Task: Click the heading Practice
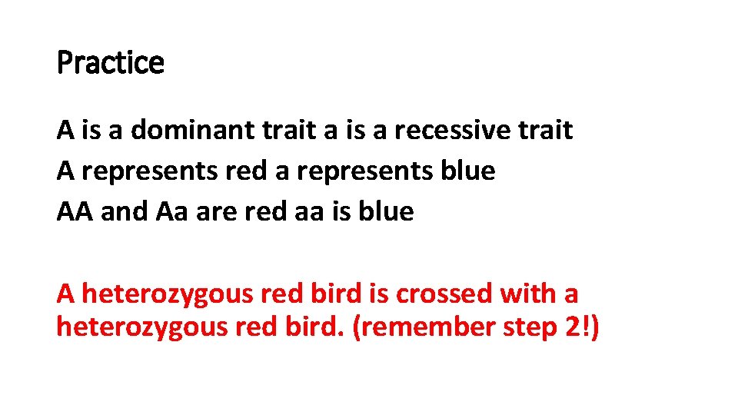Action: point(111,63)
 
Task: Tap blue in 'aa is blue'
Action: point(387,211)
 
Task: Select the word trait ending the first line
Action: point(547,131)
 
